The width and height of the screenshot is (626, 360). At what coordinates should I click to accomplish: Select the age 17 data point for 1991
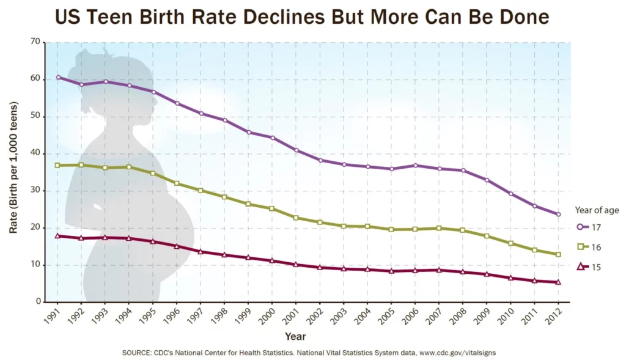click(58, 77)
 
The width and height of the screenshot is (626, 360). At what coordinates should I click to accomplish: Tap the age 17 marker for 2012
click(558, 214)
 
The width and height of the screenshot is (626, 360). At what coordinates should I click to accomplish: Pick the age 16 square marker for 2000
click(272, 208)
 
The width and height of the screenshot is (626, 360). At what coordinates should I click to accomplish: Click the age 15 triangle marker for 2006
click(415, 270)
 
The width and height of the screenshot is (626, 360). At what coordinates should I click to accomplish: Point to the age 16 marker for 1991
click(58, 165)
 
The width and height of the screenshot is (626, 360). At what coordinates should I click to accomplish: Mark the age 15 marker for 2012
click(558, 282)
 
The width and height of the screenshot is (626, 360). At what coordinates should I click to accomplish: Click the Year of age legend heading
click(596, 210)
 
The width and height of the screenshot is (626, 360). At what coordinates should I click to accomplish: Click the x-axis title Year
click(295, 336)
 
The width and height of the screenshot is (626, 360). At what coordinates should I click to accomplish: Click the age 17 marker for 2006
click(415, 165)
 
